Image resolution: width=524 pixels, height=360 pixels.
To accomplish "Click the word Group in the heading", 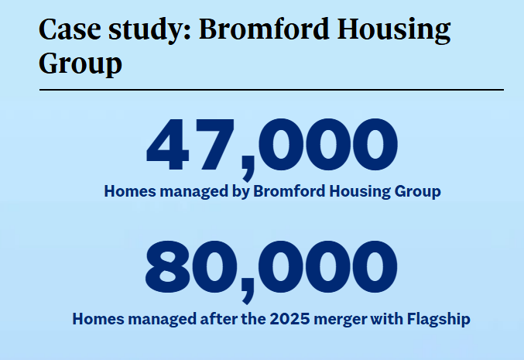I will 80,63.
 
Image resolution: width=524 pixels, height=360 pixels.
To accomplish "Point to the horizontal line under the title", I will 271,90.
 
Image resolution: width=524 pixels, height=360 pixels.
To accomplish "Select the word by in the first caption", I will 241,191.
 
